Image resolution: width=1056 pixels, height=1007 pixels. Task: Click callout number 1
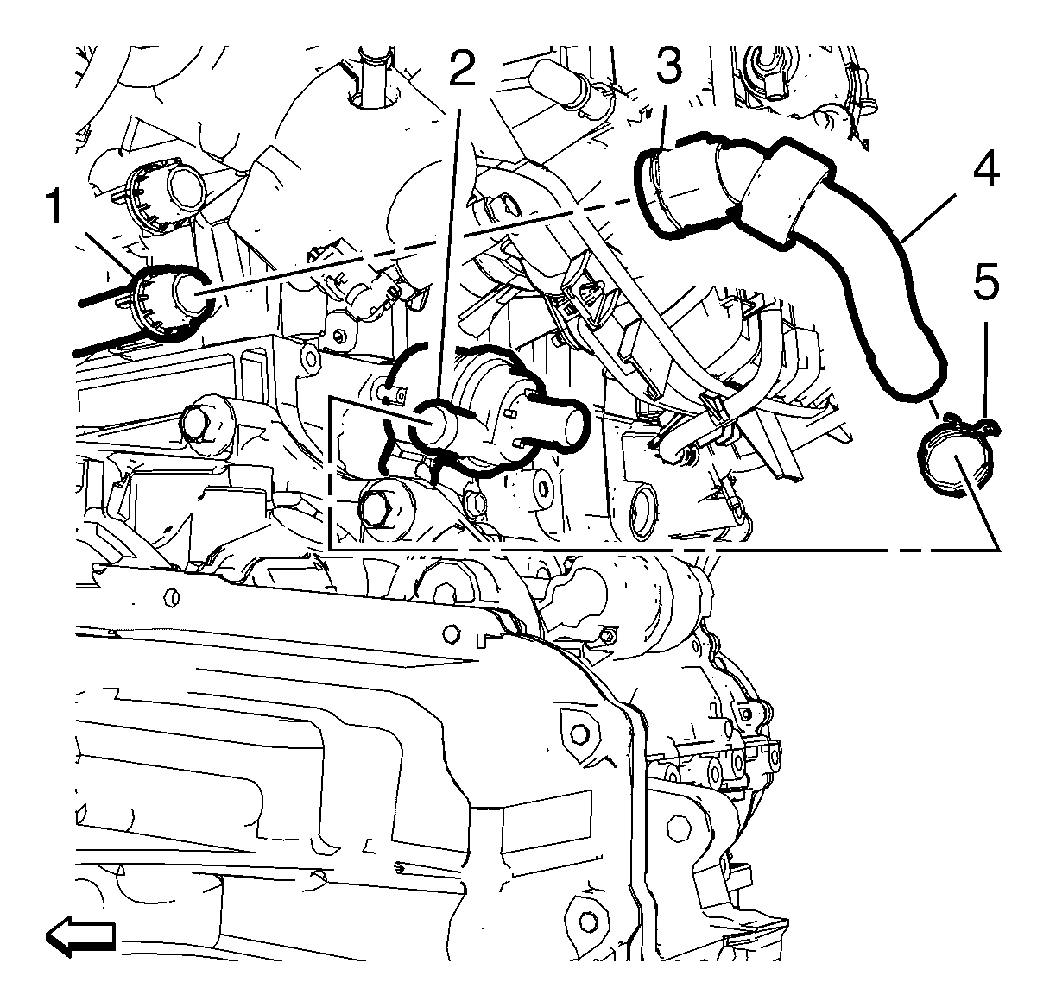pos(55,206)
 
